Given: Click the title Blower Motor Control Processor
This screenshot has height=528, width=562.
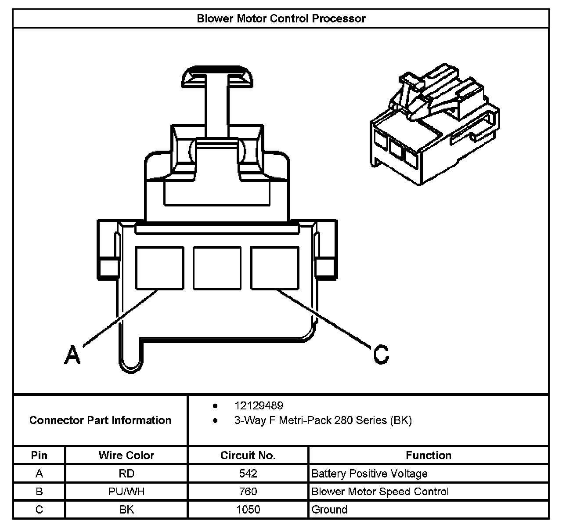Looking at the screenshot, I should tap(281, 18).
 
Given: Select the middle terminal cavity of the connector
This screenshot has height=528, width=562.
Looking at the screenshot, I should tap(217, 268).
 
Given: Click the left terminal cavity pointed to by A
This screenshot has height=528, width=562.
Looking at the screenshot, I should tap(159, 268).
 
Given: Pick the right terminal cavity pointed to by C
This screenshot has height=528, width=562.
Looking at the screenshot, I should tap(275, 268).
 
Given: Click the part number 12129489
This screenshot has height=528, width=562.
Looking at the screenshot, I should tap(259, 405).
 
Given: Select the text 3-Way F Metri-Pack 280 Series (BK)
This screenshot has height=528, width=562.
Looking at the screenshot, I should tap(323, 420).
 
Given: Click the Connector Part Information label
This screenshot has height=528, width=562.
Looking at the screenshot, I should tap(100, 420).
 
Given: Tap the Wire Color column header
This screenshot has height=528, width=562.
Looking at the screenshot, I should tap(126, 456).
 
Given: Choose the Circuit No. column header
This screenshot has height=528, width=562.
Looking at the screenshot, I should tap(248, 456).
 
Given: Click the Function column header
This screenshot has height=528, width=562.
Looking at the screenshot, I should tap(429, 456).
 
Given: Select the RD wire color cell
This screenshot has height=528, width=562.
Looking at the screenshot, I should tap(126, 474).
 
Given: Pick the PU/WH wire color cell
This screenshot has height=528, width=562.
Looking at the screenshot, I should tap(126, 492).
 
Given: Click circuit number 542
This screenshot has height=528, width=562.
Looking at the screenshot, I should tap(248, 474).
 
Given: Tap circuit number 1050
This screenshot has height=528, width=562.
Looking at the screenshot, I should tap(248, 510).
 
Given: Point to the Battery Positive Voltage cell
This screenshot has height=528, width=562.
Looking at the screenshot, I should tap(369, 474).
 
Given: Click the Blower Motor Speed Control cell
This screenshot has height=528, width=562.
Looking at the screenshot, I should tap(380, 492).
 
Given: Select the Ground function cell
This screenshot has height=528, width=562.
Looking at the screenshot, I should tap(329, 510).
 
